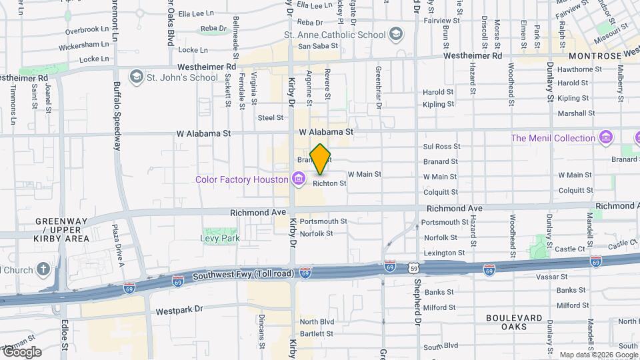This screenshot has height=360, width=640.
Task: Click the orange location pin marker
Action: coord(320,159)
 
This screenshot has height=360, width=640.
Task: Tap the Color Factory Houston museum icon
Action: coord(298,179)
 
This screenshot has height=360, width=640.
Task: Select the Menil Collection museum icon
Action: coord(606,138)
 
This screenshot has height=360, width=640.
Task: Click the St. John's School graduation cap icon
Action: coord(137,77)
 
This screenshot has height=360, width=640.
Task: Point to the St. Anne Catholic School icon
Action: coord(396,35)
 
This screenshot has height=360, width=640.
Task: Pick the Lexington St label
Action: coord(444,253)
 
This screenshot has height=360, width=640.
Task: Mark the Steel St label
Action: coord(271,118)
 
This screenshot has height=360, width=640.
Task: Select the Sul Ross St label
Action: coord(442,147)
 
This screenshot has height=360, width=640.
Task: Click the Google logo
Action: coord(21,352)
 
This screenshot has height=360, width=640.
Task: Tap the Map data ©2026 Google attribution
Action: coord(598,355)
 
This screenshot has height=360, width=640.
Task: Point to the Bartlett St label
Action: coord(316,333)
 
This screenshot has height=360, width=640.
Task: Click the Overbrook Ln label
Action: coord(87,30)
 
